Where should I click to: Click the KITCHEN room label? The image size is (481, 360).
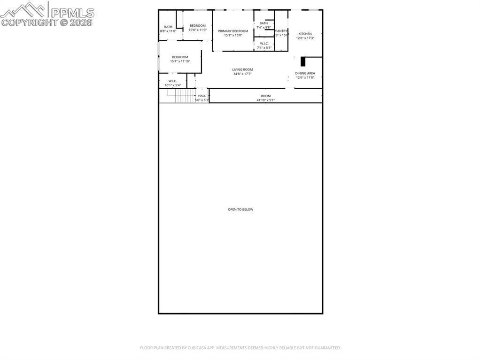click(305, 34)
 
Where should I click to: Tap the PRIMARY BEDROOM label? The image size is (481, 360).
click(233, 31)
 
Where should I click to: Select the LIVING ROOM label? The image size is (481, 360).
click(242, 69)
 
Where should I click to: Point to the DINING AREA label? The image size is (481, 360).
click(305, 73)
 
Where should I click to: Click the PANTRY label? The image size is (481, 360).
click(281, 31)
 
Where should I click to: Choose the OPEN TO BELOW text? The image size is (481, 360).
click(240, 209)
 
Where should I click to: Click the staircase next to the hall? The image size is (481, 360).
click(185, 96)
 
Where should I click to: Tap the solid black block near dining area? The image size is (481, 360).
click(303, 61)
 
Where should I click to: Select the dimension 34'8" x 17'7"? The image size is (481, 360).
click(242, 74)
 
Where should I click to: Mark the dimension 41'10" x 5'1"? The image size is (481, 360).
click(265, 100)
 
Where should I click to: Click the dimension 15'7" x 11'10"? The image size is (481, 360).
click(180, 61)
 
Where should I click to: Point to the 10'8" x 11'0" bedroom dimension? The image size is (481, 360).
click(198, 30)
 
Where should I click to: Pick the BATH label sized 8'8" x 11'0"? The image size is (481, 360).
click(168, 27)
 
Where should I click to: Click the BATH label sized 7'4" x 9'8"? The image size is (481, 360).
click(264, 23)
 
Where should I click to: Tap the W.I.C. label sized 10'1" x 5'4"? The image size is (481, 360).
click(172, 81)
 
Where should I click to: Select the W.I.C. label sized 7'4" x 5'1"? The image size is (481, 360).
click(264, 43)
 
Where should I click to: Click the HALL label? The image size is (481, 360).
click(202, 96)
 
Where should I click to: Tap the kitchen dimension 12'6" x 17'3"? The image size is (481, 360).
click(305, 38)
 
